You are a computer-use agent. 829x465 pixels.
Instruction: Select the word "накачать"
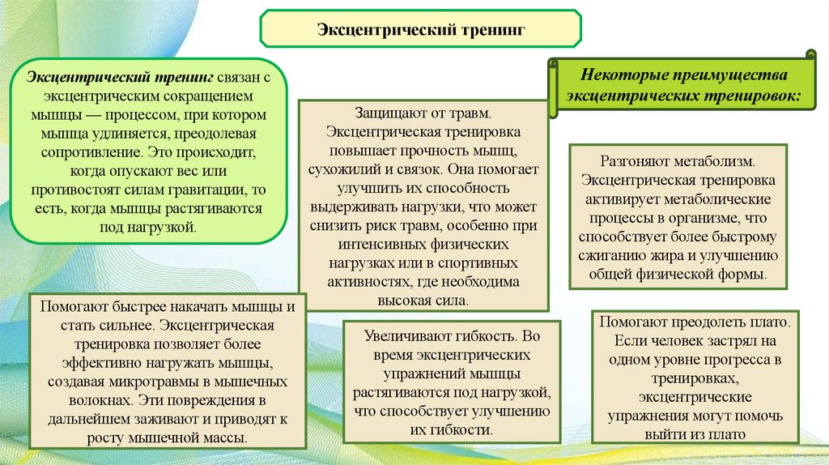pos(186,307)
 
